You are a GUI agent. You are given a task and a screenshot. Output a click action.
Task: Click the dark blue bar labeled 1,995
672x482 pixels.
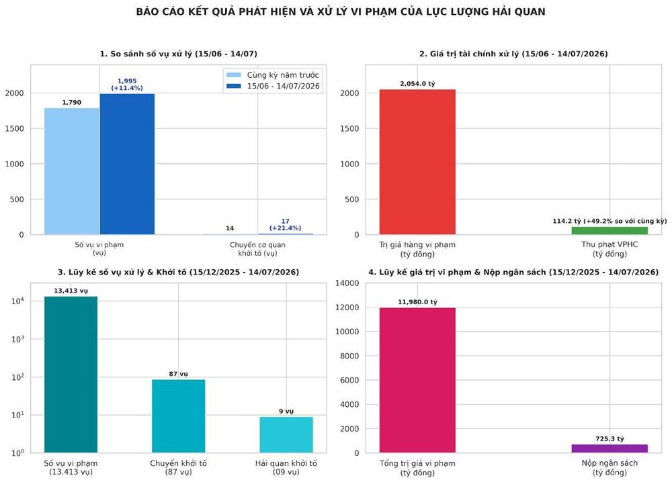[127, 164]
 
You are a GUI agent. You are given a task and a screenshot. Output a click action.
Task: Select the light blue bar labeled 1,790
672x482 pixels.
[72, 171]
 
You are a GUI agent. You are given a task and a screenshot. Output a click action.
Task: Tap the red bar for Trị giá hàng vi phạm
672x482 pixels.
[417, 162]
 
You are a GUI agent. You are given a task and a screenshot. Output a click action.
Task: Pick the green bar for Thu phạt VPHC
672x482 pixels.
[610, 230]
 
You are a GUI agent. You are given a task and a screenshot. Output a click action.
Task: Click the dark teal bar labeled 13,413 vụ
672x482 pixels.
[71, 374]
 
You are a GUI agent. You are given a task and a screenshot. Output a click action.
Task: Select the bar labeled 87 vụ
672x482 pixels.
[178, 416]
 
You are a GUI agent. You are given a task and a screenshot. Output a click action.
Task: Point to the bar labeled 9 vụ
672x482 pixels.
[286, 434]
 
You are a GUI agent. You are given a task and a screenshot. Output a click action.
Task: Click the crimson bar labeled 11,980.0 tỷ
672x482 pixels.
[417, 380]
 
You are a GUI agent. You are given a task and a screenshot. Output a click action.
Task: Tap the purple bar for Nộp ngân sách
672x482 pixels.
[610, 448]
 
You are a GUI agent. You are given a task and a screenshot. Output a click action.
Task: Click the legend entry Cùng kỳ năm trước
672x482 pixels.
[273, 75]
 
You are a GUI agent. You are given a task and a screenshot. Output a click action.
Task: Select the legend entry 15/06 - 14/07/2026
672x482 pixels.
[273, 86]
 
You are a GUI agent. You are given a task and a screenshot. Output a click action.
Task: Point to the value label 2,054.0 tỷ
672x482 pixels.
[417, 83]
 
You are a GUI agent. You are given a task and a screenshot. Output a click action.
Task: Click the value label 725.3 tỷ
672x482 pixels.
[610, 439]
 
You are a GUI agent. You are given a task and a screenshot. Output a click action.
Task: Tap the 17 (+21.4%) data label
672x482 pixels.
[285, 225]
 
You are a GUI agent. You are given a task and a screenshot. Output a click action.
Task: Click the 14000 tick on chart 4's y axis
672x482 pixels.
[347, 283]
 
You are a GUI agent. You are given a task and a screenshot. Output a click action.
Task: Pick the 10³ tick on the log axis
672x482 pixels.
[17, 338]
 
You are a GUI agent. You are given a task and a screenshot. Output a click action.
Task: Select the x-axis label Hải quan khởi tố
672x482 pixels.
[286, 467]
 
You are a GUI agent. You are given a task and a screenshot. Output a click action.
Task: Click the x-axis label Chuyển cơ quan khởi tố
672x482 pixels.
[257, 248]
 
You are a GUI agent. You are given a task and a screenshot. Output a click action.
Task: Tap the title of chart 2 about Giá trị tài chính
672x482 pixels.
[513, 54]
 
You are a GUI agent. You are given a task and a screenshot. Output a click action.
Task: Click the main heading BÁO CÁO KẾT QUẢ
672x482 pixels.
[341, 12]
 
